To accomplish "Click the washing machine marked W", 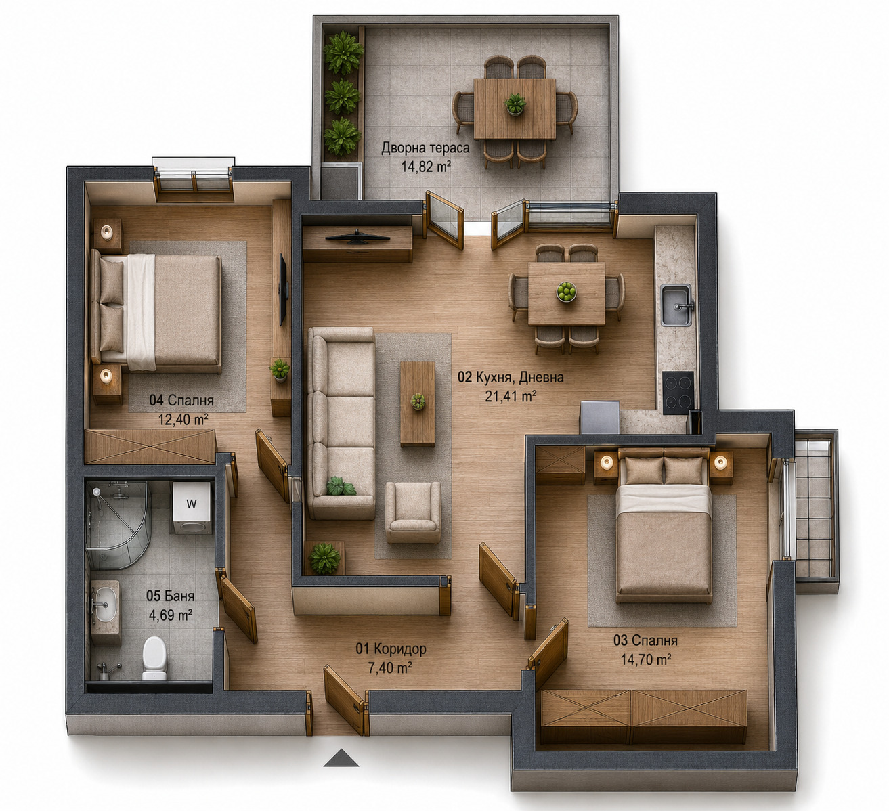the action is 191,508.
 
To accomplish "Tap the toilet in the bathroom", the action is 154,658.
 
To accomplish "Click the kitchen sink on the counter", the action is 676,305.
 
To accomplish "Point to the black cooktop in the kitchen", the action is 678,392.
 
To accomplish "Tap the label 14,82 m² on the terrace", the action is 426,167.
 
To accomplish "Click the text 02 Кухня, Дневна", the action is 511,378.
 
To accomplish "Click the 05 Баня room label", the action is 170,596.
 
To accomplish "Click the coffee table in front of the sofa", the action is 418,403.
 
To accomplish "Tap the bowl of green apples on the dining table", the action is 566,292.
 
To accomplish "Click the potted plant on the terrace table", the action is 515,104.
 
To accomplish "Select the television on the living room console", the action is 357,238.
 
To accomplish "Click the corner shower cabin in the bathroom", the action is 117,525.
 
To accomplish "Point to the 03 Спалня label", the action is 645,640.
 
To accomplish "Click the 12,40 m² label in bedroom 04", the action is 183,419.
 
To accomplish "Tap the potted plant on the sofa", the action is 341,486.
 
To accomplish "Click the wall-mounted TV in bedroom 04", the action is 283,290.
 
